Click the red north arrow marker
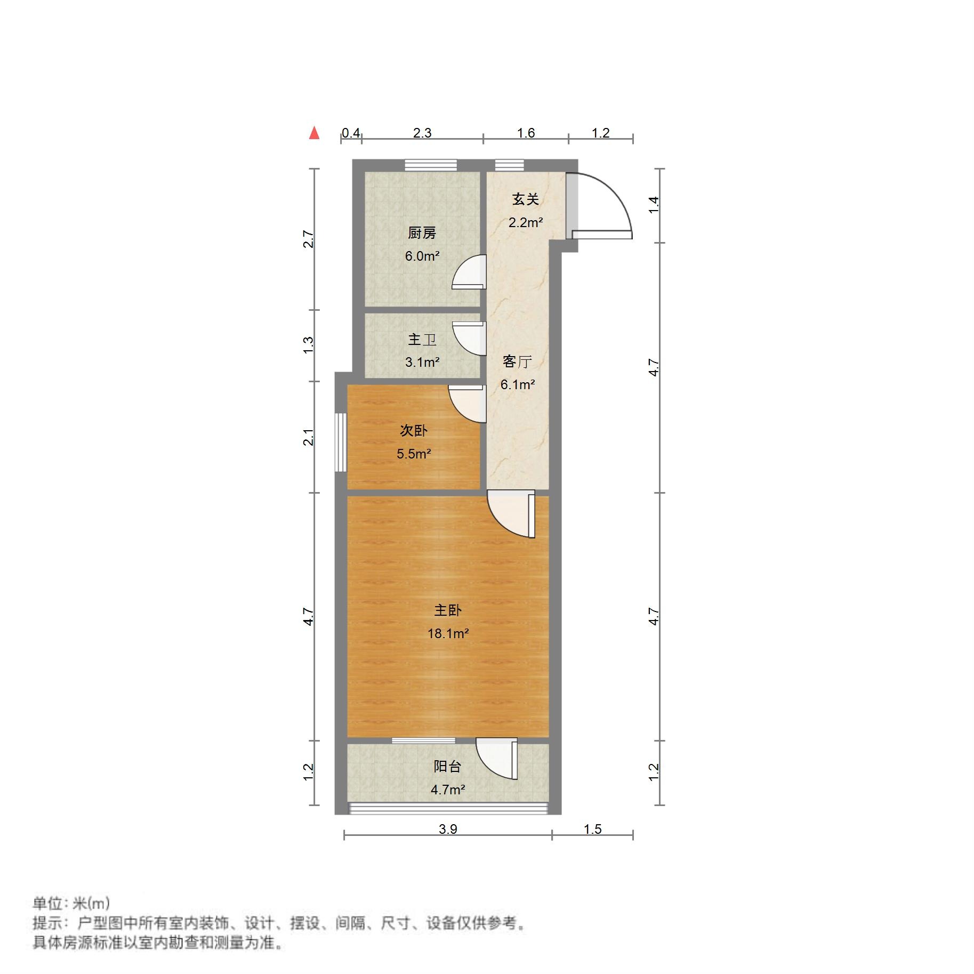[x=314, y=133]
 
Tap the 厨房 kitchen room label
[x=421, y=232]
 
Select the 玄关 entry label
[x=525, y=199]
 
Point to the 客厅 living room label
[x=517, y=361]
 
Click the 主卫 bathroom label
[x=422, y=339]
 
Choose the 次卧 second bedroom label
[x=413, y=430]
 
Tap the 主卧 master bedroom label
[x=447, y=610]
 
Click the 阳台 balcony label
[x=447, y=766]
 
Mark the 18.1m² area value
[x=448, y=633]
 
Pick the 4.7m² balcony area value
[x=447, y=790]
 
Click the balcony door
[x=497, y=759]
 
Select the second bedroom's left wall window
[x=340, y=442]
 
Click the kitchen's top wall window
[x=430, y=165]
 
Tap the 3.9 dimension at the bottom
[x=448, y=828]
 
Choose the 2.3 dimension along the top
[x=422, y=133]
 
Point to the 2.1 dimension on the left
[x=308, y=437]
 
